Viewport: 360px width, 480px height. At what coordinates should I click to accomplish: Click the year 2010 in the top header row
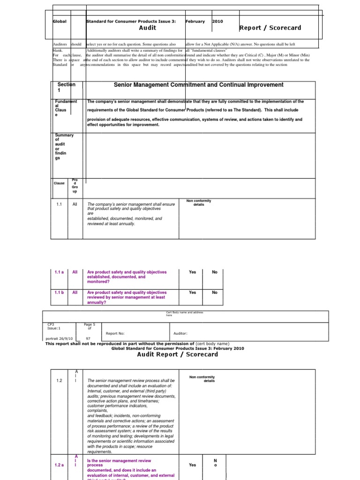click(218, 22)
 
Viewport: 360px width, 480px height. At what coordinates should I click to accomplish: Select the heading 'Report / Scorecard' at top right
click(270, 28)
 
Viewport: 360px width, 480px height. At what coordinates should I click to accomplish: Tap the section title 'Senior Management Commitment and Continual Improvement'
click(199, 85)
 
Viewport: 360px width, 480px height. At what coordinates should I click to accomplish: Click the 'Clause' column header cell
click(59, 183)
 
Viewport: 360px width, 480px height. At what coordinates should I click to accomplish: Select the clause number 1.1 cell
click(59, 204)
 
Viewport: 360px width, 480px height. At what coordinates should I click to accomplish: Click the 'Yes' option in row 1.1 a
click(192, 272)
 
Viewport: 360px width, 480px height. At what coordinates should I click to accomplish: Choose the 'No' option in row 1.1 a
click(215, 272)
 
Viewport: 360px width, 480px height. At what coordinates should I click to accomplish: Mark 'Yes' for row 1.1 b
click(192, 292)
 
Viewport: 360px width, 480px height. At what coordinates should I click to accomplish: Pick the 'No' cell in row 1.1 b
click(215, 292)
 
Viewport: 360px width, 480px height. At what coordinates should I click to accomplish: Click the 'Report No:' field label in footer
click(115, 334)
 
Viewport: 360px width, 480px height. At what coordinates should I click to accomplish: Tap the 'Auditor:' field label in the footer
click(180, 334)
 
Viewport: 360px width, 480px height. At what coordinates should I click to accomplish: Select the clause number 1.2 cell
click(59, 381)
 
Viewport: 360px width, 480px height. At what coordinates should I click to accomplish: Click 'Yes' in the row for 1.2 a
click(192, 465)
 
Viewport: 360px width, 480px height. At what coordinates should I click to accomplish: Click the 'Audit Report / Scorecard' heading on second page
click(177, 354)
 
